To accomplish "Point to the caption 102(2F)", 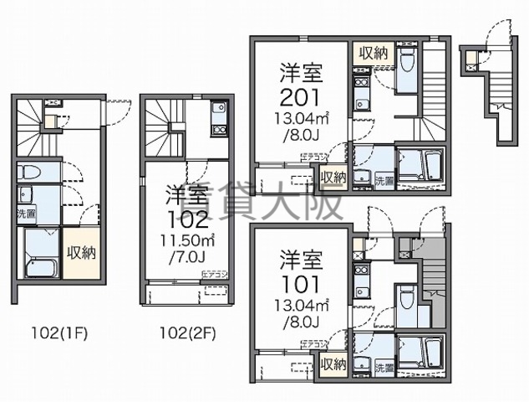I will (x=187, y=331).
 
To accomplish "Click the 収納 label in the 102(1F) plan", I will (x=81, y=252).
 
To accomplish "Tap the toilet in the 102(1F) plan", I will (x=27, y=173).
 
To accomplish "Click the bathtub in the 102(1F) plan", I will (x=38, y=256).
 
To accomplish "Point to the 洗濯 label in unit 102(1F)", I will (x=25, y=214).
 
